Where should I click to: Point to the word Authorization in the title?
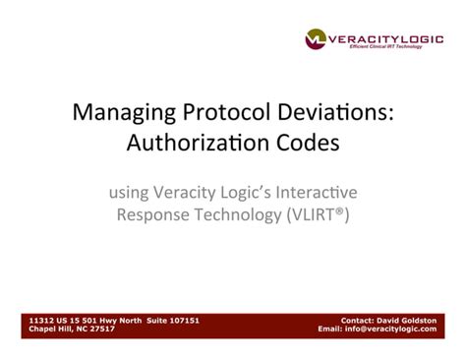pos(189,143)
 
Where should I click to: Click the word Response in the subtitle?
pos(152,214)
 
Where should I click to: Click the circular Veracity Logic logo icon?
pos(316,38)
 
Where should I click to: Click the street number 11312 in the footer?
pos(42,320)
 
